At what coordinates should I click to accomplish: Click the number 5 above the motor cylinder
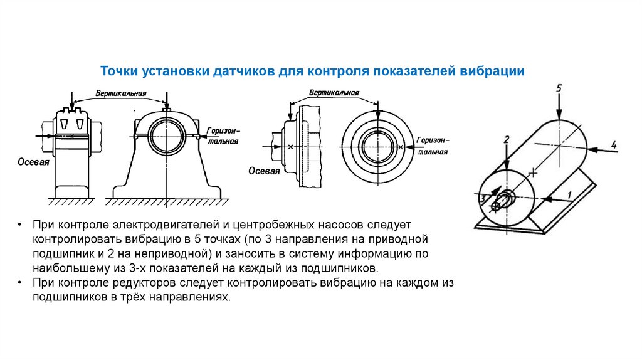558,88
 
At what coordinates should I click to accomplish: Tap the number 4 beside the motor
614,146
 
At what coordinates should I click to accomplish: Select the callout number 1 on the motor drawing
569,195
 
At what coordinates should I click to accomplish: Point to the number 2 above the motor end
507,139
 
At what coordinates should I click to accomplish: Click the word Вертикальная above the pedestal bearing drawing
121,93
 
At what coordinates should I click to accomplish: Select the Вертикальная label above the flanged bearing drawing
334,93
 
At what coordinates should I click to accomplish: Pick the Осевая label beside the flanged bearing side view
264,171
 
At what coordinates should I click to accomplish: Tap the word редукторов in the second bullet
146,283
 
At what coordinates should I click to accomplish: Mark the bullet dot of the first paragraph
20,224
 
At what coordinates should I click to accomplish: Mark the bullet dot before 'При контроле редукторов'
20,283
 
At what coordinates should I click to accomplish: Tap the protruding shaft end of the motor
498,204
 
